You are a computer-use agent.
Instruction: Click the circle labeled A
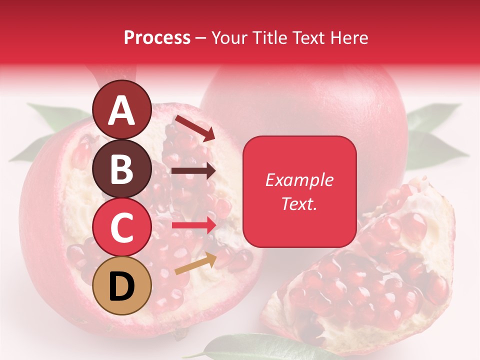[121, 110]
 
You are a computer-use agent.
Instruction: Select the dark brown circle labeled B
[121, 168]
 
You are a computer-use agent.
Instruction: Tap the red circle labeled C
[121, 227]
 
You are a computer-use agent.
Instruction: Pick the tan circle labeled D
[121, 285]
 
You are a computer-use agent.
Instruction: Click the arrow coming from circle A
[195, 128]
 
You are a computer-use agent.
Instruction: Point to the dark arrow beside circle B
[193, 171]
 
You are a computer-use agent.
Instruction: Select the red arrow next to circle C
[194, 225]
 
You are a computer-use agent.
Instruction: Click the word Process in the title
[157, 38]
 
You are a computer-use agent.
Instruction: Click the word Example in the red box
[299, 180]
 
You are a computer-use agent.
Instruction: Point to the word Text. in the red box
[299, 203]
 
